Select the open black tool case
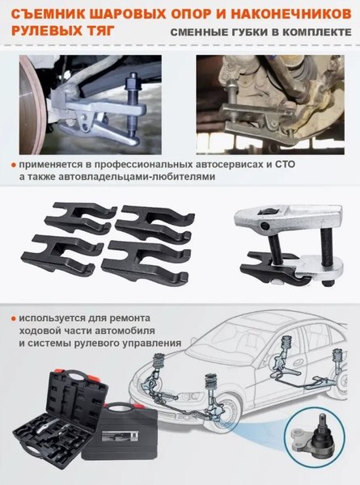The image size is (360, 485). tap(55, 420)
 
